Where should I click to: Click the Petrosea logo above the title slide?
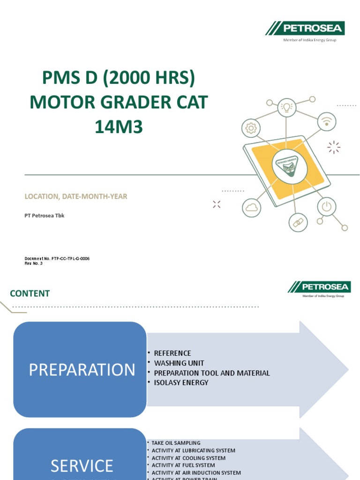[305, 29]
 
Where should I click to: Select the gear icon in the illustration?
[251, 127]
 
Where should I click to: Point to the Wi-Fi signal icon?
[326, 121]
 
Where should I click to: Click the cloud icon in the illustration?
[252, 207]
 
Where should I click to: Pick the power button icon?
[326, 206]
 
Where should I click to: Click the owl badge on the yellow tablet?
[289, 164]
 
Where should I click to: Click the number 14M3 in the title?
[119, 127]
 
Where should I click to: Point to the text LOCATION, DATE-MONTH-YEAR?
[75, 196]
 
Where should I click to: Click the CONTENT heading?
[30, 293]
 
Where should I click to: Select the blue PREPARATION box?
[80, 369]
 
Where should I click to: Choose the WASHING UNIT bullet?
[179, 363]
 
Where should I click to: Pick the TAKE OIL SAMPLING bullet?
[176, 443]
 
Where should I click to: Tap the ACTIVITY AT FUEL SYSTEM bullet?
[183, 465]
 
